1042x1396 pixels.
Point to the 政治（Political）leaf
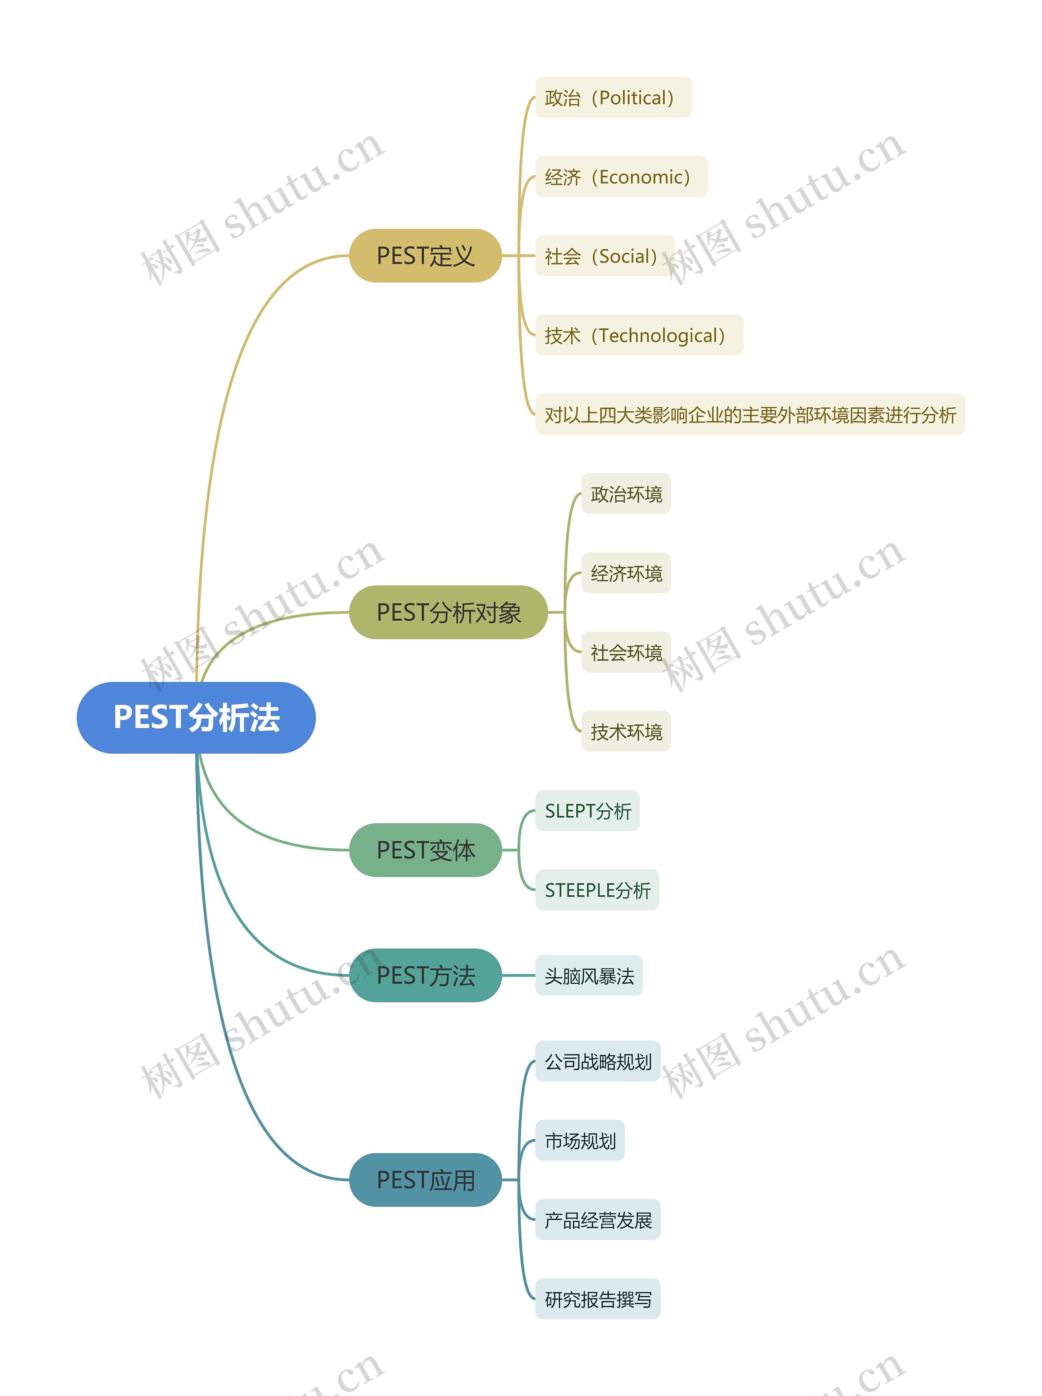[x=613, y=98]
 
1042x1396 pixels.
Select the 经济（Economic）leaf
[x=621, y=177]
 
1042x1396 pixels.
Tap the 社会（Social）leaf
[x=604, y=256]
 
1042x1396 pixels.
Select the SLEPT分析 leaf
[x=587, y=811]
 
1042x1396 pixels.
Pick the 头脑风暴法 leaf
[x=589, y=976]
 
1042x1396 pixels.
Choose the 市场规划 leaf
[x=580, y=1141]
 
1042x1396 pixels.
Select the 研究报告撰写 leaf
[x=598, y=1299]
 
